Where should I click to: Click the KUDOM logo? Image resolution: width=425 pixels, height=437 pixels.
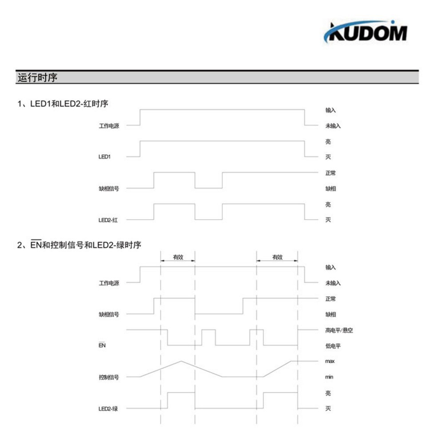[365, 32]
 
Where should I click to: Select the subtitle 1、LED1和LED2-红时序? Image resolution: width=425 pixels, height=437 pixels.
[63, 104]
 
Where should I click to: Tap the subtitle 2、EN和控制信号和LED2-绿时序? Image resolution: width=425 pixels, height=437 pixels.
[79, 244]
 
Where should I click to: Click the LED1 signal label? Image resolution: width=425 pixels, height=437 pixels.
[104, 157]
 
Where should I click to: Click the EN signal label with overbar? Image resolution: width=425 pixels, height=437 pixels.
[102, 345]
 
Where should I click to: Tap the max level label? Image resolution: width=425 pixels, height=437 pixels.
[330, 361]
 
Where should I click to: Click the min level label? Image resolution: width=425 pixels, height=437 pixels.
[330, 377]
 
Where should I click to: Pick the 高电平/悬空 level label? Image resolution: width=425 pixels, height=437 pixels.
[339, 330]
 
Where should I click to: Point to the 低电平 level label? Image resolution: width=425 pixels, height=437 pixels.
[333, 346]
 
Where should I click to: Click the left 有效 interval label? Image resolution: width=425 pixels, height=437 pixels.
[178, 257]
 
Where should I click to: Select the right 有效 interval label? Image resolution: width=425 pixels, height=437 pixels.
[277, 257]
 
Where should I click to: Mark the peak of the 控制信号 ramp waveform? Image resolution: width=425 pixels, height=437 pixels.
[181, 361]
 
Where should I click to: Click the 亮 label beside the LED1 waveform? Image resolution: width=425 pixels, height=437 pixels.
[328, 142]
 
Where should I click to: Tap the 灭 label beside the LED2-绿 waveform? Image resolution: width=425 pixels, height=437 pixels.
[328, 409]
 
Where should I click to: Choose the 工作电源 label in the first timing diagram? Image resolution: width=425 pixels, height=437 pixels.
[108, 126]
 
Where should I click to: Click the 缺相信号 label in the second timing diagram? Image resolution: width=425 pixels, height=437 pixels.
[108, 314]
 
